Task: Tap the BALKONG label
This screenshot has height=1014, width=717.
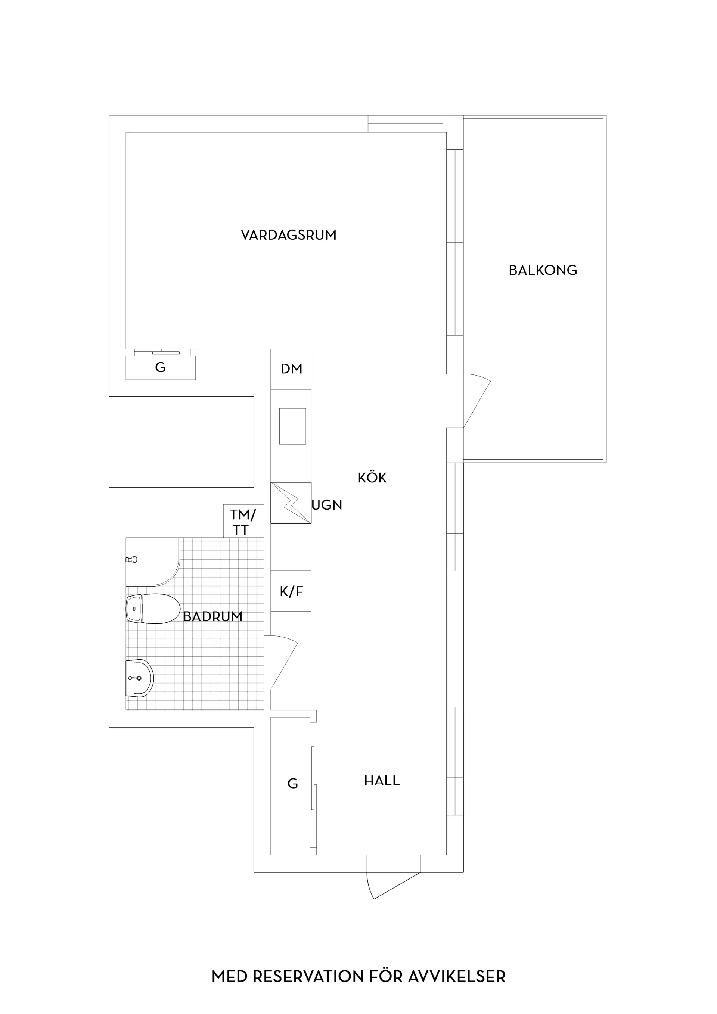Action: click(543, 270)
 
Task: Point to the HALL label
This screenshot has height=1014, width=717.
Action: click(382, 781)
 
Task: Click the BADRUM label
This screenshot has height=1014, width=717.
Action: click(212, 616)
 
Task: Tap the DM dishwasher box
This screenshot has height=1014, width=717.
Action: click(291, 369)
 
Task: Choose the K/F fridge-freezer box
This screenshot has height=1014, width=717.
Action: click(291, 591)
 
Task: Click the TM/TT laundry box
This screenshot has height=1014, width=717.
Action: click(243, 521)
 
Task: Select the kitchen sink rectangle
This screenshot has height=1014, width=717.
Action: click(292, 426)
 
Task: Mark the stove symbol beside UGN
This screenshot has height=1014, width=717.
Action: click(291, 503)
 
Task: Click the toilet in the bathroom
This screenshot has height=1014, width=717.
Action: click(153, 609)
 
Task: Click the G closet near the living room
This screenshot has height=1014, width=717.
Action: click(160, 367)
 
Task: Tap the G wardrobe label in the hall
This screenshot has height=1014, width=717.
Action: click(292, 784)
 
